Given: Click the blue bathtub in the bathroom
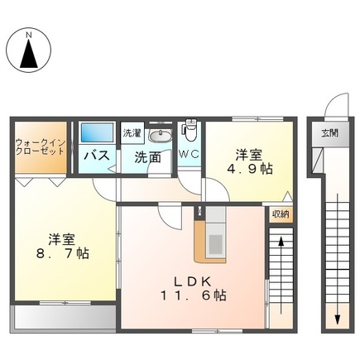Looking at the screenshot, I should tap(97, 133).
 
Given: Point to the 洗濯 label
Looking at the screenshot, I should tap(132, 132).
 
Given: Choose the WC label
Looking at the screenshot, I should tap(189, 154).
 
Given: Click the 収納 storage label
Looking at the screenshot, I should tap(280, 214).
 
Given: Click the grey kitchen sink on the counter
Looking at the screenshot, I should tap(214, 243).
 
